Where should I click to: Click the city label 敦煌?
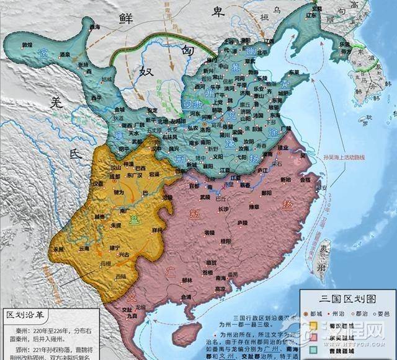pyautogui.click(x=27, y=45)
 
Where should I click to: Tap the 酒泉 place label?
pyautogui.click(x=65, y=55)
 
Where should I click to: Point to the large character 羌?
pyautogui.click(x=56, y=105)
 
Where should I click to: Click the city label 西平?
pyautogui.click(x=96, y=98)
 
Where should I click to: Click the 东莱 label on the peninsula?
pyautogui.click(x=292, y=85)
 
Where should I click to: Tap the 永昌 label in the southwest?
pyautogui.click(x=58, y=249)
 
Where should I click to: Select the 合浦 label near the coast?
pyautogui.click(x=186, y=297)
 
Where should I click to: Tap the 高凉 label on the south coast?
pyautogui.click(x=220, y=288)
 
